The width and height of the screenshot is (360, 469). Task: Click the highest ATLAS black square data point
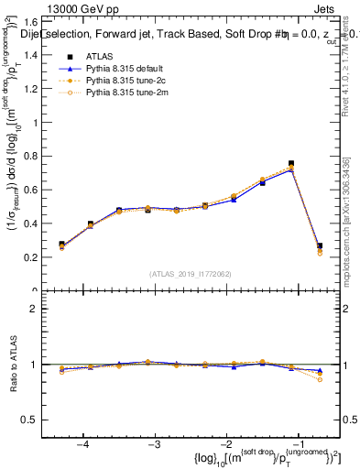tap(291, 163)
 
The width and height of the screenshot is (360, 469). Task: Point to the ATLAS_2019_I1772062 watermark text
tap(190, 274)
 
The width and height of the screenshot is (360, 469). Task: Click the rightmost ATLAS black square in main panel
tap(320, 245)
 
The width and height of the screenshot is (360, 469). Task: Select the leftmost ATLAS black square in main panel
tap(61, 245)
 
